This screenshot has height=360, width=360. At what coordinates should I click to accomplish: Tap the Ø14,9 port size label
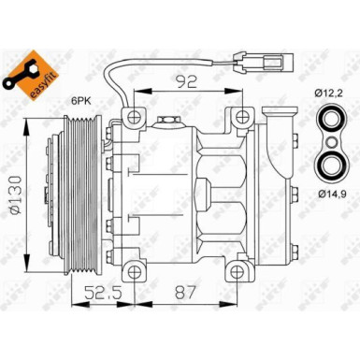click(x=332, y=193)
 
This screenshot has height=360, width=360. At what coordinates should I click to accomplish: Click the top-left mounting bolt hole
click(x=136, y=117)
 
